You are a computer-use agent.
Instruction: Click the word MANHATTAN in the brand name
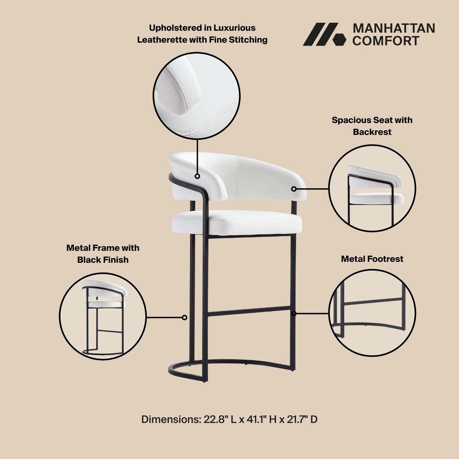tap(394, 28)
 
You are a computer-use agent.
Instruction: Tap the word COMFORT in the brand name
tap(386, 41)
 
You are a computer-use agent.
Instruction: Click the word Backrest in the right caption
tap(372, 132)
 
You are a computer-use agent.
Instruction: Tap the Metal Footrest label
tap(372, 259)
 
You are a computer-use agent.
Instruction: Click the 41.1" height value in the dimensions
tap(257, 419)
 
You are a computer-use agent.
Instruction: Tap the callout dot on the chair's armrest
tap(197, 176)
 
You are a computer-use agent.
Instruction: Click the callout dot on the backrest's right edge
tap(294, 189)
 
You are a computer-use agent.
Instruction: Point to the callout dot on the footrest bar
tap(294, 314)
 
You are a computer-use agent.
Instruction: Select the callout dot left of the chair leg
tap(184, 317)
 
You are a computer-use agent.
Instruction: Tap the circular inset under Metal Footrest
tap(372, 313)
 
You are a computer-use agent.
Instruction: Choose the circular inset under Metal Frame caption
tap(103, 316)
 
